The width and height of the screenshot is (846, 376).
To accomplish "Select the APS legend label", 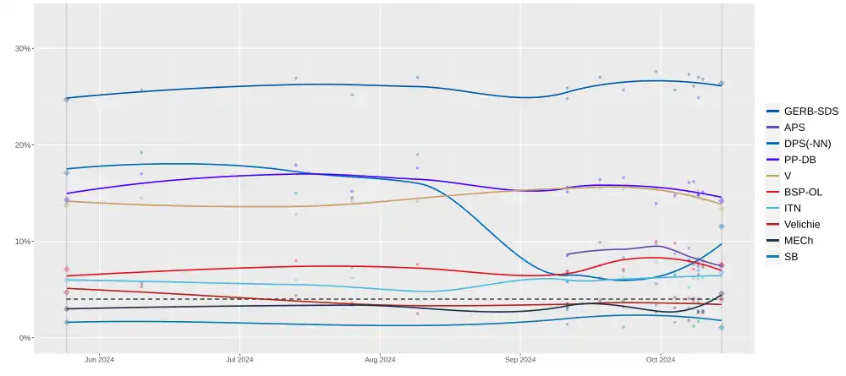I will [x=794, y=127].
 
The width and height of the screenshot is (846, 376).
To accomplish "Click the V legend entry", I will [x=788, y=176].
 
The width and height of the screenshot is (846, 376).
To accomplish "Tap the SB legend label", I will [x=790, y=256].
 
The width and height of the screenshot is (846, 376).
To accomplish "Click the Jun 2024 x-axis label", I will [x=100, y=360].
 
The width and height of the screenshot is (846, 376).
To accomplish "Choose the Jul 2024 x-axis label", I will [x=240, y=360].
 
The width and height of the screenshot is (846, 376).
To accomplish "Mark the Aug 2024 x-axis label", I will [x=381, y=360].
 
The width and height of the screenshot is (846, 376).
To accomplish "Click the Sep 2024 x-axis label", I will [x=520, y=360].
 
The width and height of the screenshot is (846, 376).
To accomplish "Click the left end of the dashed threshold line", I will [x=68, y=299].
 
